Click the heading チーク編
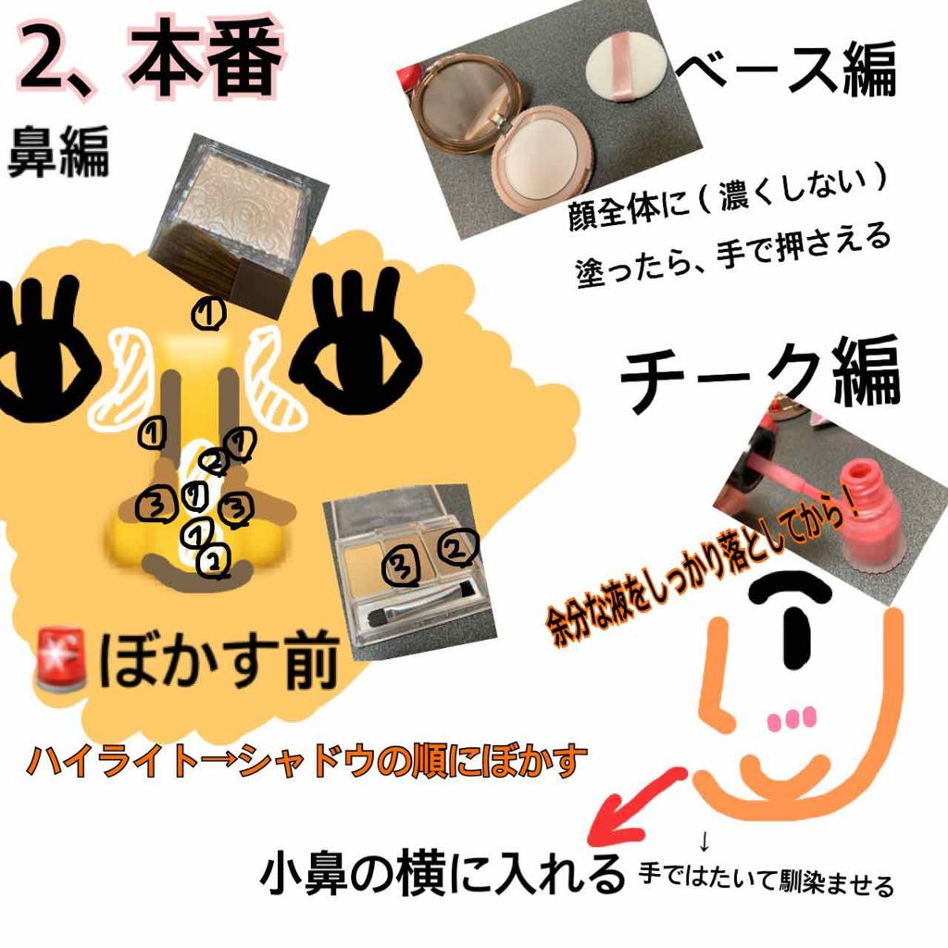click(x=759, y=375)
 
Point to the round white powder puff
click(x=626, y=69)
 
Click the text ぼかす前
click(x=218, y=659)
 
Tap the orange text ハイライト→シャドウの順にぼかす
click(x=306, y=761)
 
